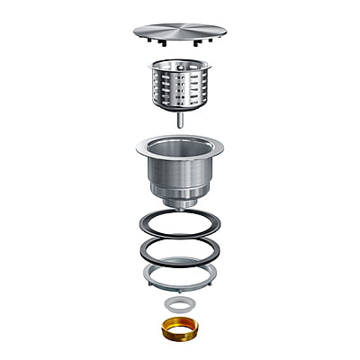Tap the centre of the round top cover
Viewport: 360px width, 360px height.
coord(179,31)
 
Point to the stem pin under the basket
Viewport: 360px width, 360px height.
coord(179,118)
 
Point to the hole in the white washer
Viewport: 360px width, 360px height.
coord(179,303)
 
